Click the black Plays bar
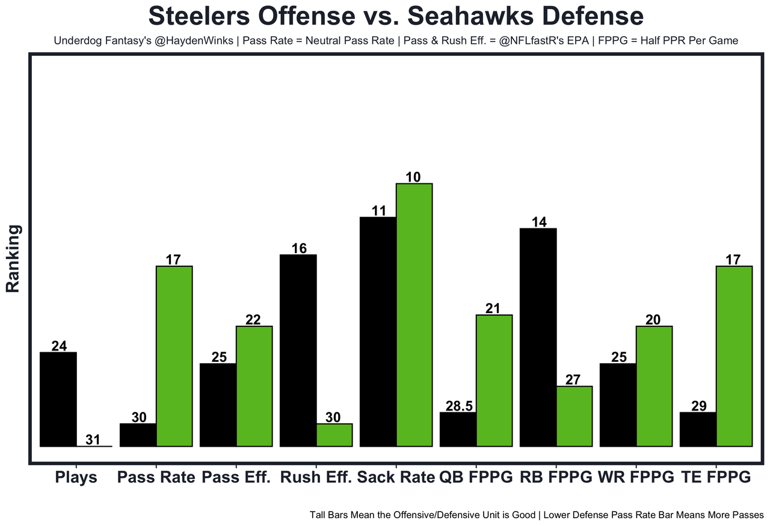point(58,399)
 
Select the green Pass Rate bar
point(174,356)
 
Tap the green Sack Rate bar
point(414,315)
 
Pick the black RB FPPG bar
point(538,337)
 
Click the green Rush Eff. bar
point(334,435)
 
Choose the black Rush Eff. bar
point(298,350)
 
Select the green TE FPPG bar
point(734,356)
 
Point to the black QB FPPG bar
point(458,429)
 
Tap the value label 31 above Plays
point(93,440)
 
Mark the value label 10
point(413,177)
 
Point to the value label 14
point(539,222)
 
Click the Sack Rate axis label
point(396,478)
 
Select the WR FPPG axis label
point(636,478)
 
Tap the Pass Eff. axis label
point(236,478)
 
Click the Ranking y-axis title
point(13,258)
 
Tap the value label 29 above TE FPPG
point(699,406)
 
